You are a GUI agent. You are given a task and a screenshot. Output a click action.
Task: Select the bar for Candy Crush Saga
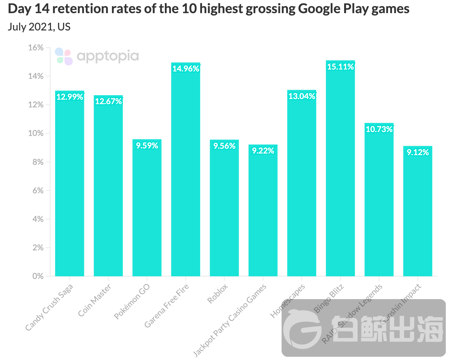point(70,186)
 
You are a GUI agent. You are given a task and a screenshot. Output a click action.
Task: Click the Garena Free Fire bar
point(186,173)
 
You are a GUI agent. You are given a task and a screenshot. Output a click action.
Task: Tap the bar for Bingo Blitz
point(340,170)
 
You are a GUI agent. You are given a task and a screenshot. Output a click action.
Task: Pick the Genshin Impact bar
point(418,212)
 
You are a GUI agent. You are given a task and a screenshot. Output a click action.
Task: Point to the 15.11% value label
point(340,67)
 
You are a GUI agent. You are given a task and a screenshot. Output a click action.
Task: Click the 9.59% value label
point(147,146)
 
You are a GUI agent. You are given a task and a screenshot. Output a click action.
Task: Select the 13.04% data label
point(302,96)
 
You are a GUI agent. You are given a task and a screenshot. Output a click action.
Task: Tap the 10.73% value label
point(379,130)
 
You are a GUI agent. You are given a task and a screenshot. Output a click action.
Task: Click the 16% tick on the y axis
point(36,48)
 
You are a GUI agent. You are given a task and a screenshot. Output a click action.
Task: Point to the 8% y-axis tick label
point(38,162)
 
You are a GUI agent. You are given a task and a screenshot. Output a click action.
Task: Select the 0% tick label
point(38,276)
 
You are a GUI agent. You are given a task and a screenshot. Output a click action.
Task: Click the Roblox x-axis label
point(218,294)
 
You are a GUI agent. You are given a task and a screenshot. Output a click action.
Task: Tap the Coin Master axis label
point(95,300)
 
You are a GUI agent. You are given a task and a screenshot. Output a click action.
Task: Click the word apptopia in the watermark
point(108,57)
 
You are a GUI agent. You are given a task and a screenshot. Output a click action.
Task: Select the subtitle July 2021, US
point(39,27)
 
